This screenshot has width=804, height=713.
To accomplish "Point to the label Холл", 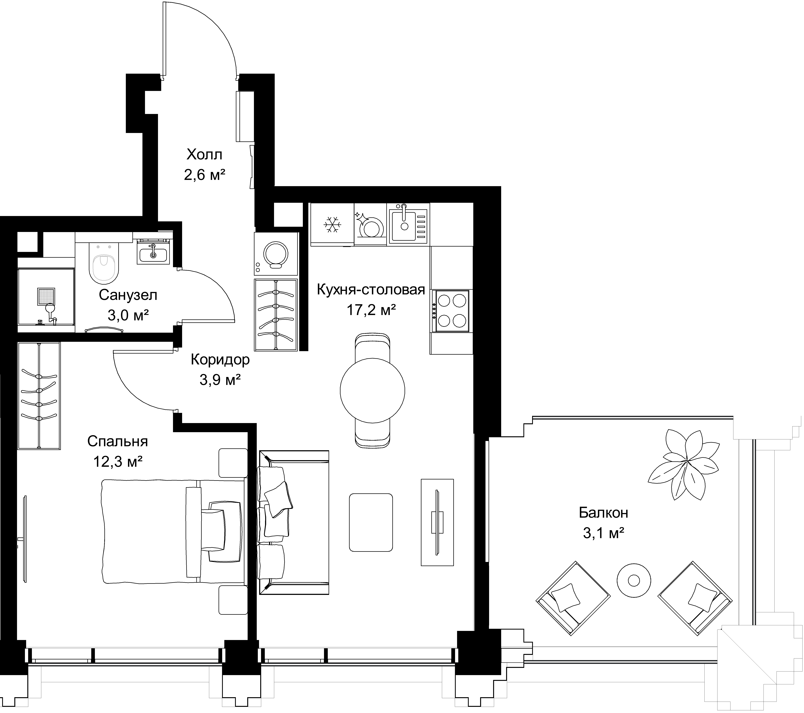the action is [204, 154].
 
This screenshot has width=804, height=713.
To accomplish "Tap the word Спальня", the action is [118, 441].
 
